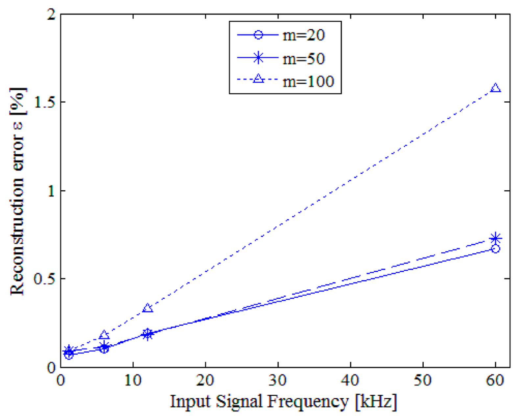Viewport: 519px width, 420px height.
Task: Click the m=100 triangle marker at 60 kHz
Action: pos(495,88)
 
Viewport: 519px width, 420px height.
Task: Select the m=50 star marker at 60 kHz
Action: pos(495,238)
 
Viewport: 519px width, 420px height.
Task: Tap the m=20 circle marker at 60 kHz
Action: pos(495,249)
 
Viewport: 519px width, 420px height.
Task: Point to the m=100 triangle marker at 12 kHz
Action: pos(148,308)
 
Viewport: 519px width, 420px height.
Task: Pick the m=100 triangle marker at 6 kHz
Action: pos(104,335)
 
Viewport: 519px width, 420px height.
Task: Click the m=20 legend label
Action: pos(304,35)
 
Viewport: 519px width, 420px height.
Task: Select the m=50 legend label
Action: pos(304,59)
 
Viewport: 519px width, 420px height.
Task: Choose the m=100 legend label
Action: pos(308,82)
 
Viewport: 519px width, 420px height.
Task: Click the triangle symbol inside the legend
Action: pos(258,79)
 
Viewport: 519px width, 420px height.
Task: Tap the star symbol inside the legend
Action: pos(258,58)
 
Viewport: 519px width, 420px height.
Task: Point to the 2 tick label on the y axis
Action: pos(51,15)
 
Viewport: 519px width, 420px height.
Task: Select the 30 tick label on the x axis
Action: pos(278,381)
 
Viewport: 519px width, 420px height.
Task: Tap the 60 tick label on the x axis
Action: pos(495,381)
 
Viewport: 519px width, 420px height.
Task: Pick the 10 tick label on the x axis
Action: pos(133,381)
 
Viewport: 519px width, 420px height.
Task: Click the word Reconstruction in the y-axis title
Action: pos(18,237)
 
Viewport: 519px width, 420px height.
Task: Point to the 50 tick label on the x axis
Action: pos(422,381)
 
